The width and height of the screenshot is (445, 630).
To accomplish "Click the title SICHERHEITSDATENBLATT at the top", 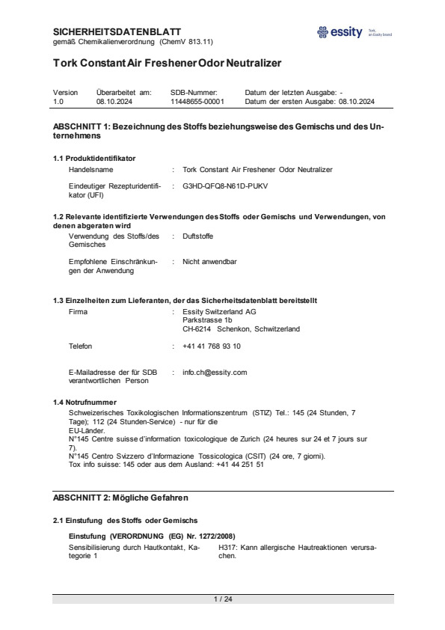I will [x=117, y=31].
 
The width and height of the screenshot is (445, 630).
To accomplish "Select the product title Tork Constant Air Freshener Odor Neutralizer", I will [x=167, y=63].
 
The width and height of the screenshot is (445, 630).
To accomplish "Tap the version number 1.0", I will [x=59, y=100].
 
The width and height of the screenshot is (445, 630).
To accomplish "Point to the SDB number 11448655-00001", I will [x=197, y=100].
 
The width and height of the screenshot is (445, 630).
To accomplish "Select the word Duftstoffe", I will [x=200, y=236].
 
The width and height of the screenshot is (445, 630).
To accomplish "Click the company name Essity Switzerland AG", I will [x=219, y=311].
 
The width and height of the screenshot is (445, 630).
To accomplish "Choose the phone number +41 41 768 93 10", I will [x=212, y=346].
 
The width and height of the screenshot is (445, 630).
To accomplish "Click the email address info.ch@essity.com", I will [x=215, y=372].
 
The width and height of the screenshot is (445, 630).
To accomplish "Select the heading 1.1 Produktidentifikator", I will [x=94, y=158].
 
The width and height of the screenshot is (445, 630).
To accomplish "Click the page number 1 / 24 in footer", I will [x=223, y=599].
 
